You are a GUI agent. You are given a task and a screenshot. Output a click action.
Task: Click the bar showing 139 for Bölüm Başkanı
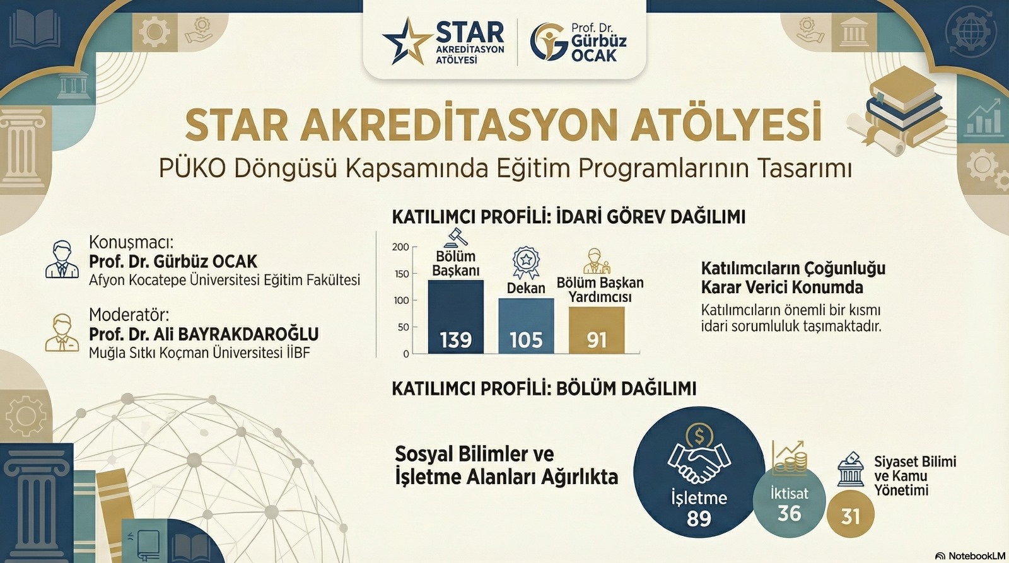[x=456, y=316]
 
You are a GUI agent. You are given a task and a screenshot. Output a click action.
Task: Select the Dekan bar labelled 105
[x=526, y=326]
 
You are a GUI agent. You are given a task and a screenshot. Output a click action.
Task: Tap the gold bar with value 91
[x=597, y=330]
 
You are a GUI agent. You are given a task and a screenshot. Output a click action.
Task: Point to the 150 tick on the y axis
[x=401, y=274]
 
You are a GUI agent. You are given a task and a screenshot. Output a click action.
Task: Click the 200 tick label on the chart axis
[x=400, y=247]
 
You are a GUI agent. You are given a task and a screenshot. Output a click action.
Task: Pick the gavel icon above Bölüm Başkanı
[x=455, y=237]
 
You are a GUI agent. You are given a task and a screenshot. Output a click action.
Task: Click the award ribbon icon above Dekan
[x=526, y=262]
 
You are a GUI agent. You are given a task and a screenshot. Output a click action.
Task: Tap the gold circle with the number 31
[x=851, y=514]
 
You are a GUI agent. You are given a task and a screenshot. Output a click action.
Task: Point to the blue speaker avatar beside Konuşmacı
[x=62, y=259]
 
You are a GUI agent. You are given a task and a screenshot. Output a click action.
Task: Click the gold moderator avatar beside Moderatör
[x=62, y=332]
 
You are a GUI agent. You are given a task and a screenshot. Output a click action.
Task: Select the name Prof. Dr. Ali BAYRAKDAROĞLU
[x=204, y=334]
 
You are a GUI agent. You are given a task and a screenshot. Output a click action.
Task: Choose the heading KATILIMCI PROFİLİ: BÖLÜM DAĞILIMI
[x=544, y=389]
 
